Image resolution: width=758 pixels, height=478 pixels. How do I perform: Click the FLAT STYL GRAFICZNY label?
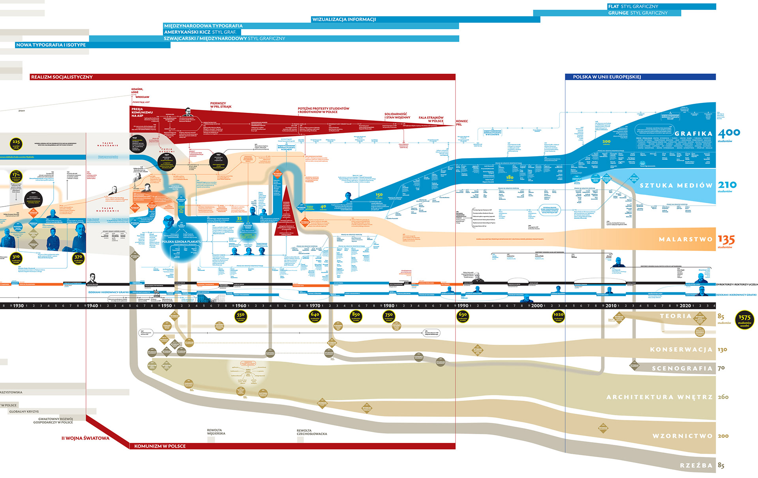[x=633, y=6]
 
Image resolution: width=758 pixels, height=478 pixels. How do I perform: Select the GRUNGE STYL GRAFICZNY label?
[x=638, y=13]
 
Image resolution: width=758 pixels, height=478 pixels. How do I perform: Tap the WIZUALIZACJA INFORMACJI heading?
[x=344, y=19]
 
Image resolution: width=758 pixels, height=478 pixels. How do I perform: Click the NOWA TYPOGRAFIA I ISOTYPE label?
[x=51, y=45]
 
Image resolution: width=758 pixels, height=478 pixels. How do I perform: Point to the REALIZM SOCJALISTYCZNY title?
[x=62, y=77]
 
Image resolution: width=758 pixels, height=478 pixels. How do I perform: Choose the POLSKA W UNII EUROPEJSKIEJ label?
[x=607, y=77]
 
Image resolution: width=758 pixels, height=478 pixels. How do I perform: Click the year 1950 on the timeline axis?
[x=167, y=306]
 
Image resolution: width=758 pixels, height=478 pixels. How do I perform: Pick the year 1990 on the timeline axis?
[x=463, y=306]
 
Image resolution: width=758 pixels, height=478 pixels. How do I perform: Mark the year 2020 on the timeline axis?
[x=685, y=306]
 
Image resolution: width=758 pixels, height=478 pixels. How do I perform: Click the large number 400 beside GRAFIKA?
[x=728, y=133]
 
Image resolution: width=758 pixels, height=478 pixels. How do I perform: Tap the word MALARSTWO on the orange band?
[x=685, y=239]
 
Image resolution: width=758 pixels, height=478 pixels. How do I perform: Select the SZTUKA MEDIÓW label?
[x=676, y=185]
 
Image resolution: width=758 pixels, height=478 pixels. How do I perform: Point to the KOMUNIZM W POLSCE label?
[x=160, y=446]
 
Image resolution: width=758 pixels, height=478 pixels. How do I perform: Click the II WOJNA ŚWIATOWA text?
[x=85, y=438]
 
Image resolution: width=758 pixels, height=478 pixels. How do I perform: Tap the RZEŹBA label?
[x=696, y=465]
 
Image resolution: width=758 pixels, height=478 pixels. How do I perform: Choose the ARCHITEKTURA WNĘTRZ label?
[x=659, y=397]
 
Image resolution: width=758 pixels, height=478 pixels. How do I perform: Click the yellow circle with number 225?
[x=16, y=144]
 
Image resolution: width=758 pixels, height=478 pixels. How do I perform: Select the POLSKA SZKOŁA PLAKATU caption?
[x=181, y=242]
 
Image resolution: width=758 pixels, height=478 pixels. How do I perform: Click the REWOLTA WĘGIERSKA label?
[x=216, y=432]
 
